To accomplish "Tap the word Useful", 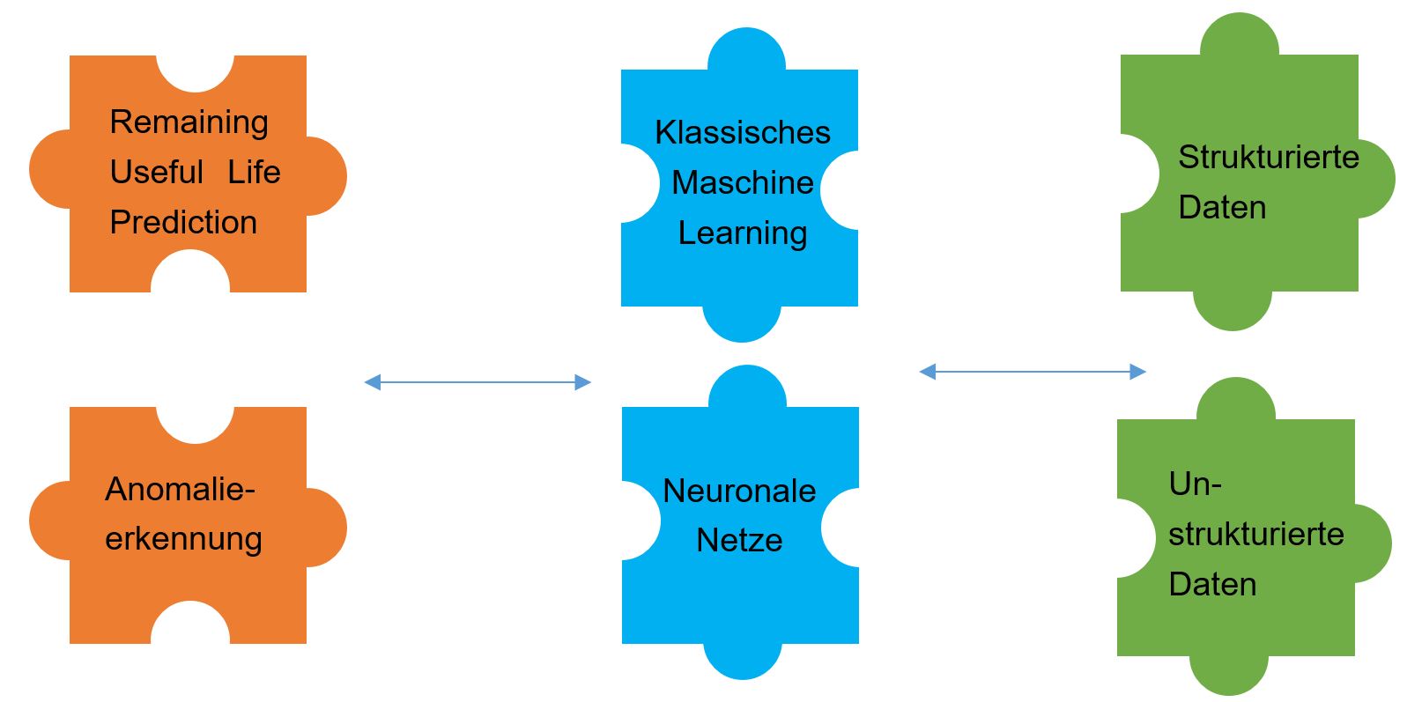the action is click(157, 172).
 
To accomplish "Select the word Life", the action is click(254, 172).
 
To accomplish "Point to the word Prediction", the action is click(183, 222).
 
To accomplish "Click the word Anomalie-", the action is click(181, 489).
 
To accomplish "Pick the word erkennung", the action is click(183, 540).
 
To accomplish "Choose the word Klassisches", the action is click(743, 132).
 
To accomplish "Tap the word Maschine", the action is click(743, 182).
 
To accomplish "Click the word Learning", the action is click(743, 234).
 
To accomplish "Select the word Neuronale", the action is click(739, 491).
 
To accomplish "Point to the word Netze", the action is click(739, 541).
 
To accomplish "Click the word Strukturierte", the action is click(1269, 157).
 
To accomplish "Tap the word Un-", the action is click(1196, 484).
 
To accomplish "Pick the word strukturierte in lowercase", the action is click(1256, 535).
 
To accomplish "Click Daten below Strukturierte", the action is click(1222, 207).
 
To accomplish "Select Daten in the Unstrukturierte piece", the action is click(1212, 585).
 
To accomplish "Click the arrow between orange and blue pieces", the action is click(478, 381).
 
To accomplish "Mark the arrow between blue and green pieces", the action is click(1033, 372).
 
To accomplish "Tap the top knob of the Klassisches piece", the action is click(746, 49).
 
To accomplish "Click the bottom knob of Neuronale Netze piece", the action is click(743, 661).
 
